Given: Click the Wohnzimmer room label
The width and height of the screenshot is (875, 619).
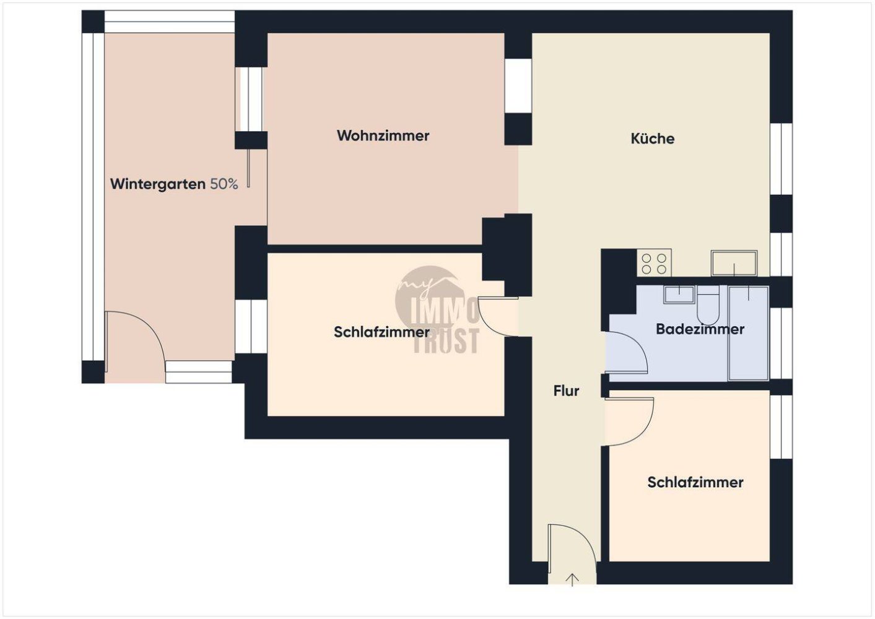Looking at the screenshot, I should point(383,136).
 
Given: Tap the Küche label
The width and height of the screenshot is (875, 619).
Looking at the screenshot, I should point(652,139).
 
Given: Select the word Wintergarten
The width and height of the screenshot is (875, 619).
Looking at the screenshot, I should point(157,184).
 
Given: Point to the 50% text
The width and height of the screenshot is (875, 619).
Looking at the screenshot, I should point(224,184).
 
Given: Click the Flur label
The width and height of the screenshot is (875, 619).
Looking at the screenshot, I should point(566,391).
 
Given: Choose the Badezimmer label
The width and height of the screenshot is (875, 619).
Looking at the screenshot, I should point(700,329).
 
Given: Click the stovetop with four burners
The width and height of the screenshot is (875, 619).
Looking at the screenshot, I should point(654,262).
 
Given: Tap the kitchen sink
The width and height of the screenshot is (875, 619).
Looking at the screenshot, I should point(734,262).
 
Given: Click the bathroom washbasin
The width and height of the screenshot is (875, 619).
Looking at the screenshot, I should point(679,294).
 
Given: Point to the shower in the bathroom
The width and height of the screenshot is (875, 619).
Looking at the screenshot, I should point(749,332).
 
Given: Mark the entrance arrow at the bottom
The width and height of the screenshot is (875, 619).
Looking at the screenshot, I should point(573,579).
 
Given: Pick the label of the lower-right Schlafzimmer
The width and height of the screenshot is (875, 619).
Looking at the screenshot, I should point(695,482).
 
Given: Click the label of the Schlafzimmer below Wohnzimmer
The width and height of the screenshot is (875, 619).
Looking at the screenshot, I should point(381,332).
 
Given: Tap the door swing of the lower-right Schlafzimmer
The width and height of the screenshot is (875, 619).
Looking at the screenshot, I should point(627,421).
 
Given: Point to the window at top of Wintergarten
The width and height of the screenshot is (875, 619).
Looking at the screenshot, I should point(169,22).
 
